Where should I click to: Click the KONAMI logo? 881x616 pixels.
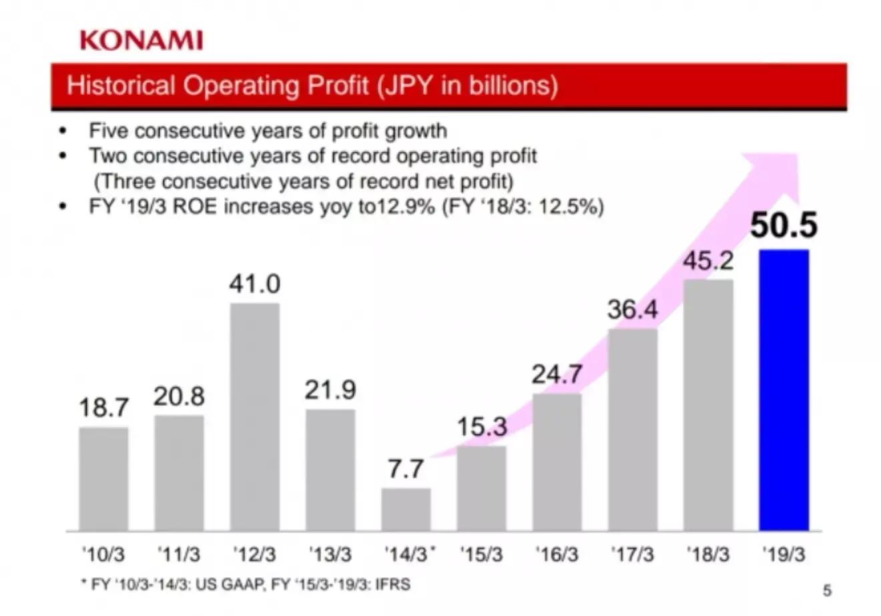pyautogui.click(x=141, y=40)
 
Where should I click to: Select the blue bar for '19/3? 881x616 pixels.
pyautogui.click(x=784, y=390)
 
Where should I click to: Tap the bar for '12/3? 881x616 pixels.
pyautogui.click(x=255, y=417)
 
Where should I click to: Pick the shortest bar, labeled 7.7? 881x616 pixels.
pyautogui.click(x=406, y=509)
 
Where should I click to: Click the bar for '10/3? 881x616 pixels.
pyautogui.click(x=103, y=479)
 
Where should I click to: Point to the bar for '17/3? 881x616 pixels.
pyautogui.click(x=633, y=430)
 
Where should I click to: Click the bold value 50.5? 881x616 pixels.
pyautogui.click(x=784, y=226)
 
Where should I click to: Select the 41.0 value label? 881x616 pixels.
pyautogui.click(x=255, y=284)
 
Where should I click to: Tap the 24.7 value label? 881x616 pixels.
pyautogui.click(x=557, y=375)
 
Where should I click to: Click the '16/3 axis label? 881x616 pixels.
pyautogui.click(x=557, y=555)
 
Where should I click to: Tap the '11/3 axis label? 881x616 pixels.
pyautogui.click(x=179, y=555)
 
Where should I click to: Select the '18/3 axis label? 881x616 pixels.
pyautogui.click(x=708, y=555)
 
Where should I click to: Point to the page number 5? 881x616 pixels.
pyautogui.click(x=828, y=590)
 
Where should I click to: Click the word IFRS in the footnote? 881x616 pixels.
pyautogui.click(x=393, y=585)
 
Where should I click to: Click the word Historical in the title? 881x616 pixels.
pyautogui.click(x=121, y=86)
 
